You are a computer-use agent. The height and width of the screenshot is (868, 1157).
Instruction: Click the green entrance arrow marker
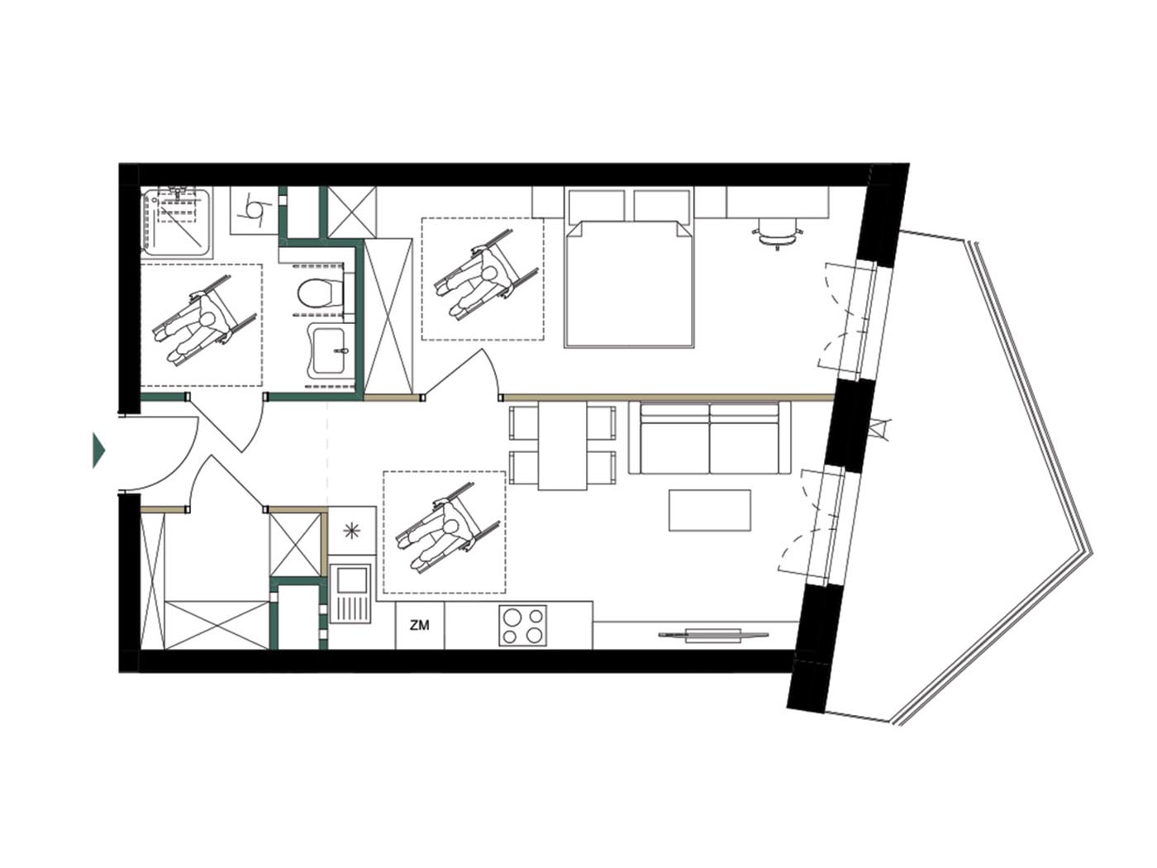click(x=98, y=450)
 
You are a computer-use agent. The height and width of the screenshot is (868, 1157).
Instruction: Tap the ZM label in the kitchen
click(x=420, y=625)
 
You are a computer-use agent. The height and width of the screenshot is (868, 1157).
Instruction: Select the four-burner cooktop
click(x=522, y=626)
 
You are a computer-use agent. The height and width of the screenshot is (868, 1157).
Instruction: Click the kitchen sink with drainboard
click(x=351, y=594)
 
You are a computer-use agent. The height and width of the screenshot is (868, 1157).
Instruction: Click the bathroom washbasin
click(x=328, y=351)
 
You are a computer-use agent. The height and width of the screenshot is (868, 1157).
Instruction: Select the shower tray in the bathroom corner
click(x=177, y=222)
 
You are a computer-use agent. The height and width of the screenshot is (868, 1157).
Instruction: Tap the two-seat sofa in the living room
click(x=709, y=437)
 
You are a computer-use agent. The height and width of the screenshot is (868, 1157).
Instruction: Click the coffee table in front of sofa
click(x=709, y=510)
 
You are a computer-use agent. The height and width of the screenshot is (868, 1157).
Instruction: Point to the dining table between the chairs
click(x=562, y=446)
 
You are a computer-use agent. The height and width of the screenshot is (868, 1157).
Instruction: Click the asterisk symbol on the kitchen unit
click(x=351, y=530)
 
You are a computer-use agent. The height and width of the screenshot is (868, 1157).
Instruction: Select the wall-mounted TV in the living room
click(x=714, y=636)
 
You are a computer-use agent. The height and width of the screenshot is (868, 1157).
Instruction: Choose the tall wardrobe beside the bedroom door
click(x=388, y=317)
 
